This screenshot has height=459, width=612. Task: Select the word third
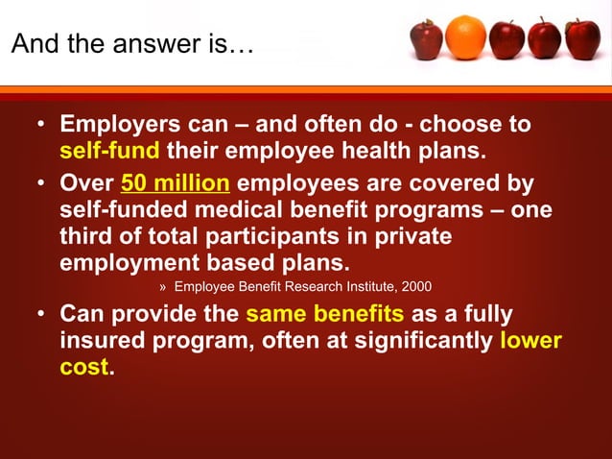(88, 236)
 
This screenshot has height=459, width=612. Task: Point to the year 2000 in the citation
(415, 286)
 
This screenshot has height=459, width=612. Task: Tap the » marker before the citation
(162, 286)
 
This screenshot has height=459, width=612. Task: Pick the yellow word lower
(530, 341)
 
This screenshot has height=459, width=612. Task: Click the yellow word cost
(84, 368)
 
